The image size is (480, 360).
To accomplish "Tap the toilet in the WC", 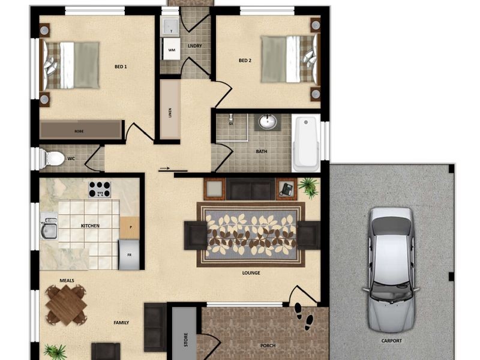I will click(53, 159).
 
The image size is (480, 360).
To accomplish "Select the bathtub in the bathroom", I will click(305, 144).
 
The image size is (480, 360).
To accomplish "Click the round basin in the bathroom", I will click(268, 122).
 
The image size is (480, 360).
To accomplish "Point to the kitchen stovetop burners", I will click(100, 189).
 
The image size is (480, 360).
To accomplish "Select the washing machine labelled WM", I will click(172, 50).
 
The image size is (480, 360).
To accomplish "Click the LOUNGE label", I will click(251, 273).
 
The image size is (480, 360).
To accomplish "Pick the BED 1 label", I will click(121, 67).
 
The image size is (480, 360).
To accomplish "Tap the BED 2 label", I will click(245, 60).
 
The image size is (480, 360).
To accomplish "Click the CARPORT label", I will click(391, 341).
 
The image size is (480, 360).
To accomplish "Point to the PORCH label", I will click(268, 346).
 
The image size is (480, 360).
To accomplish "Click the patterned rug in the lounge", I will click(251, 235).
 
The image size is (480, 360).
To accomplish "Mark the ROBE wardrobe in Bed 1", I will click(80, 130).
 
